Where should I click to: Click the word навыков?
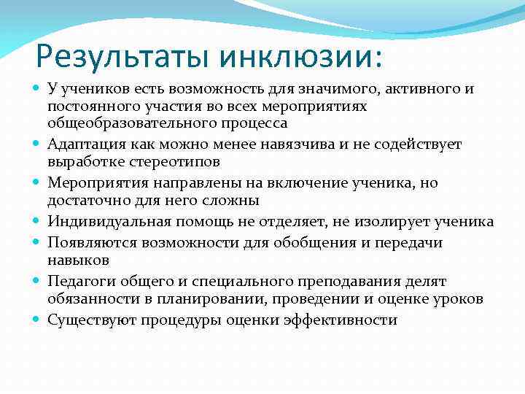coord(77,259)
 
